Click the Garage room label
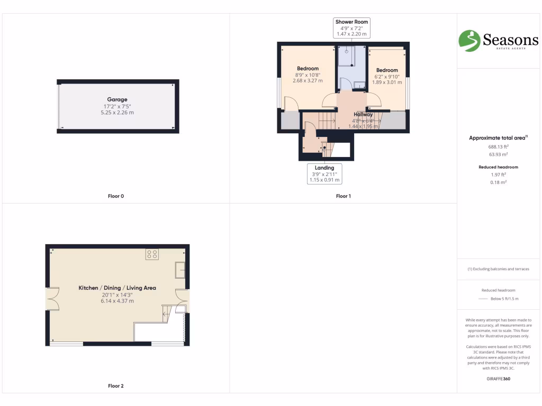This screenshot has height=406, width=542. coord(117,99)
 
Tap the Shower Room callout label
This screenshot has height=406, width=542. coord(351,22)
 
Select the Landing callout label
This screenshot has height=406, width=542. coord(324,168)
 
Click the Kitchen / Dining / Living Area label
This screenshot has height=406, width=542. coord(117,288)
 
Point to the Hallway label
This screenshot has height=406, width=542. coord(363,114)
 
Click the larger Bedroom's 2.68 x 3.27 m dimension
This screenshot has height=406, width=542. coord(308,81)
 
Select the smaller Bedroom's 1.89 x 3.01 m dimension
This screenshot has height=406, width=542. coord(387,82)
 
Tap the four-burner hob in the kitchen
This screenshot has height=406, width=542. coord(152,254)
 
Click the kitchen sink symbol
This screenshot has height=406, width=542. coord(180,270)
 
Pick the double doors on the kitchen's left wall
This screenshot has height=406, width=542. coord(52,300)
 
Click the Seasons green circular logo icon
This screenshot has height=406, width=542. coord(469,41)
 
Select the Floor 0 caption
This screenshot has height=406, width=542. coord(115,196)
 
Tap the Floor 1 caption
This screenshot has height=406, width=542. coord(343,196)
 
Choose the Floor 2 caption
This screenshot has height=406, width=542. coord(115,386)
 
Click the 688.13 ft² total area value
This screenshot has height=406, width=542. coord(498,146)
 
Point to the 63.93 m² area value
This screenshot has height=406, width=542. coord(498,154)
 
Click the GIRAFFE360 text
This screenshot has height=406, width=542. coord(498,379)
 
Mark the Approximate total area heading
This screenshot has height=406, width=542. coord(497,138)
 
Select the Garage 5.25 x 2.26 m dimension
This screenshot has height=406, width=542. coord(117,113)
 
